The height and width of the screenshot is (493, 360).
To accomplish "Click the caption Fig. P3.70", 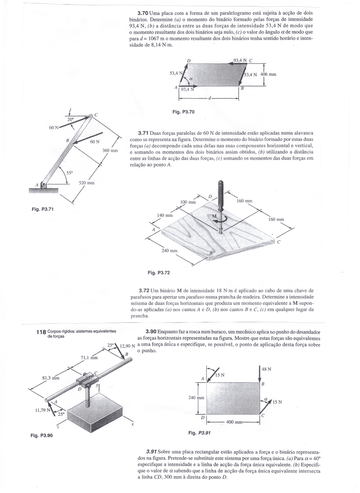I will [183, 112].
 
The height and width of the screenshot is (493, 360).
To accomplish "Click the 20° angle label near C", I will [70, 119].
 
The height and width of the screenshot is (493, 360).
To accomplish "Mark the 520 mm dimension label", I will [86, 183].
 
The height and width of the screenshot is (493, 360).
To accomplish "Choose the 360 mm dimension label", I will [110, 151].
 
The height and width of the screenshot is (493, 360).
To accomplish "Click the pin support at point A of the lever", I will [44, 185].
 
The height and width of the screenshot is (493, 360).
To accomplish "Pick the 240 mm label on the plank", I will [169, 251].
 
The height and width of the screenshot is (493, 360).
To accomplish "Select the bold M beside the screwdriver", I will [214, 216].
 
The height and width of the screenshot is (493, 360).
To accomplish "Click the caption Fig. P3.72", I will [159, 273].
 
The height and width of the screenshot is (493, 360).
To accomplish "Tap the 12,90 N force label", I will [127, 346].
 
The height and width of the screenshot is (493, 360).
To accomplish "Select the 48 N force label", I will [266, 369].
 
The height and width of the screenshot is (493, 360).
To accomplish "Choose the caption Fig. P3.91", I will [199, 433].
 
